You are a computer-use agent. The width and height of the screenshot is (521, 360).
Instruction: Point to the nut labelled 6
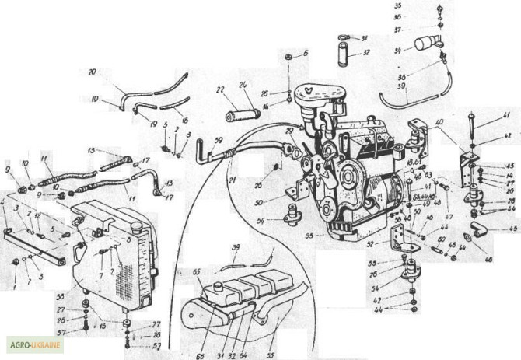pyautogui.click(x=288, y=58)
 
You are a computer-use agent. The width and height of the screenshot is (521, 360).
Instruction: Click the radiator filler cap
pyautogui.click(x=136, y=226)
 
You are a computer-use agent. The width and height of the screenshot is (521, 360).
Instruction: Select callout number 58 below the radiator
pyautogui.click(x=61, y=296)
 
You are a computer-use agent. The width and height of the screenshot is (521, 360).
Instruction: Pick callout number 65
pyautogui.click(x=197, y=272)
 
